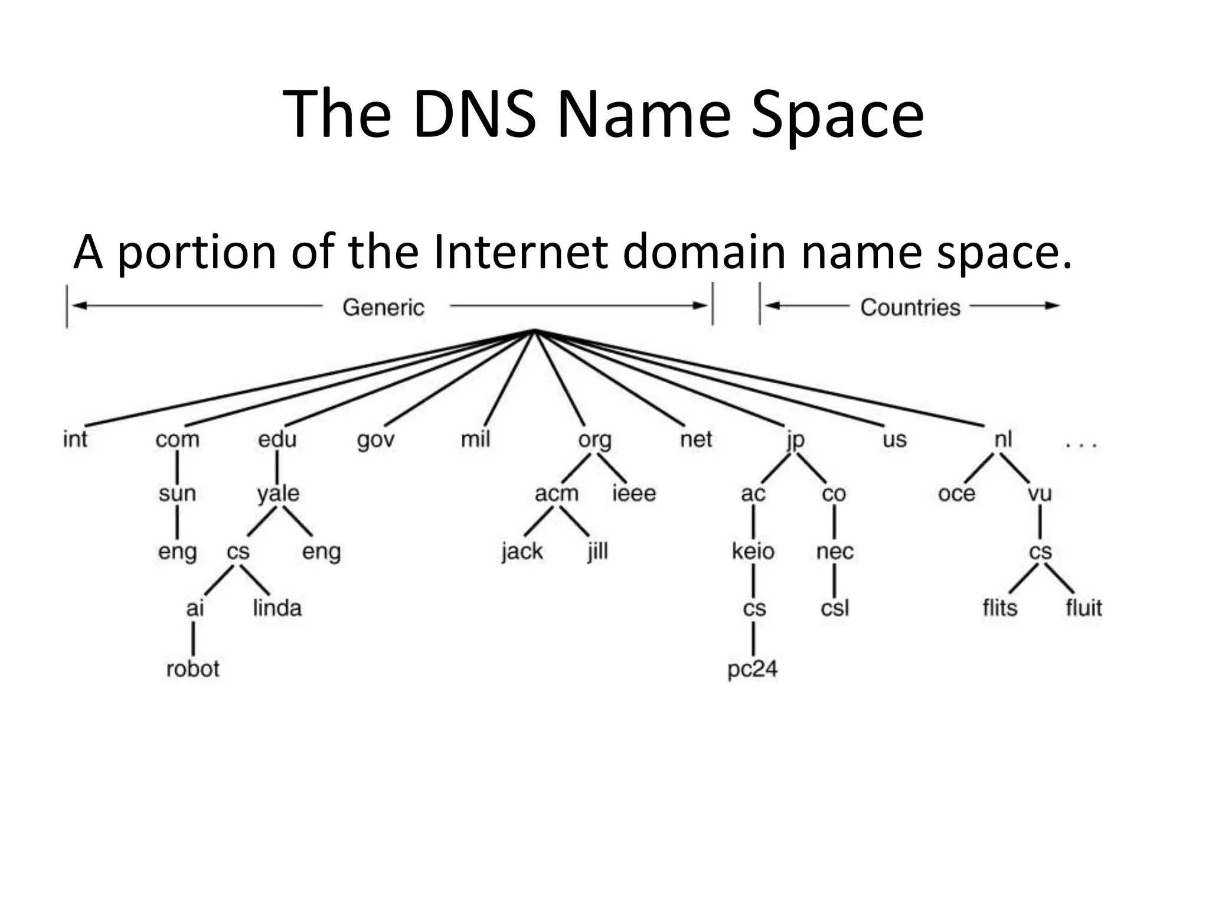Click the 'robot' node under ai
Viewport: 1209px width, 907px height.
point(192,668)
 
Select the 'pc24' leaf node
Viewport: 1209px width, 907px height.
point(752,669)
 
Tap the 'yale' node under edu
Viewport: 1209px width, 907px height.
point(278,494)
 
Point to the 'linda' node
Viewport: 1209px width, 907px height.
point(277,608)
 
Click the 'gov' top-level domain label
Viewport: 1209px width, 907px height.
point(375,440)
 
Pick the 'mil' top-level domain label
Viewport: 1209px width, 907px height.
point(475,439)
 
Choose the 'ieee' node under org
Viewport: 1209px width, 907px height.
point(634,493)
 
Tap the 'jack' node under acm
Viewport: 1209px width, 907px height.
point(522,552)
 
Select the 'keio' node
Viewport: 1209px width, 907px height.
point(753,551)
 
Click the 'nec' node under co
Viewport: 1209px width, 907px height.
point(835,551)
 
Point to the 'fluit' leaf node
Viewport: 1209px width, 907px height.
point(1083,608)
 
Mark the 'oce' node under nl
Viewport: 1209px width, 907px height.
point(956,494)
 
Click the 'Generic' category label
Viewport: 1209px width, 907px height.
point(384,307)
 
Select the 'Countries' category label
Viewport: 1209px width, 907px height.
point(910,307)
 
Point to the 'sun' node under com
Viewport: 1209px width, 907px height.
point(177,494)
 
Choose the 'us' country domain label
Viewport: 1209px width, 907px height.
point(894,440)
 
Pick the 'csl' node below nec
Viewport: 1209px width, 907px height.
point(835,608)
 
